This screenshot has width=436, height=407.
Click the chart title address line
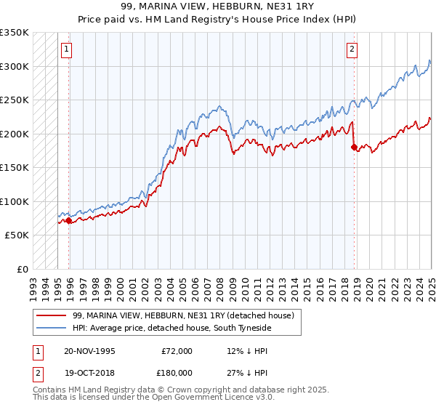click(218, 7)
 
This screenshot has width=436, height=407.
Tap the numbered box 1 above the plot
click(66, 49)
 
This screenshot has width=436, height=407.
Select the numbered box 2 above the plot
click(352, 49)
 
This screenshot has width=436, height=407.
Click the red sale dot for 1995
click(69, 220)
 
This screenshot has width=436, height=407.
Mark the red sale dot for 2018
click(354, 148)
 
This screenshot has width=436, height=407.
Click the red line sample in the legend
click(52, 315)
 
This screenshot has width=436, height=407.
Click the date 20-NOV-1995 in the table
click(89, 350)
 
